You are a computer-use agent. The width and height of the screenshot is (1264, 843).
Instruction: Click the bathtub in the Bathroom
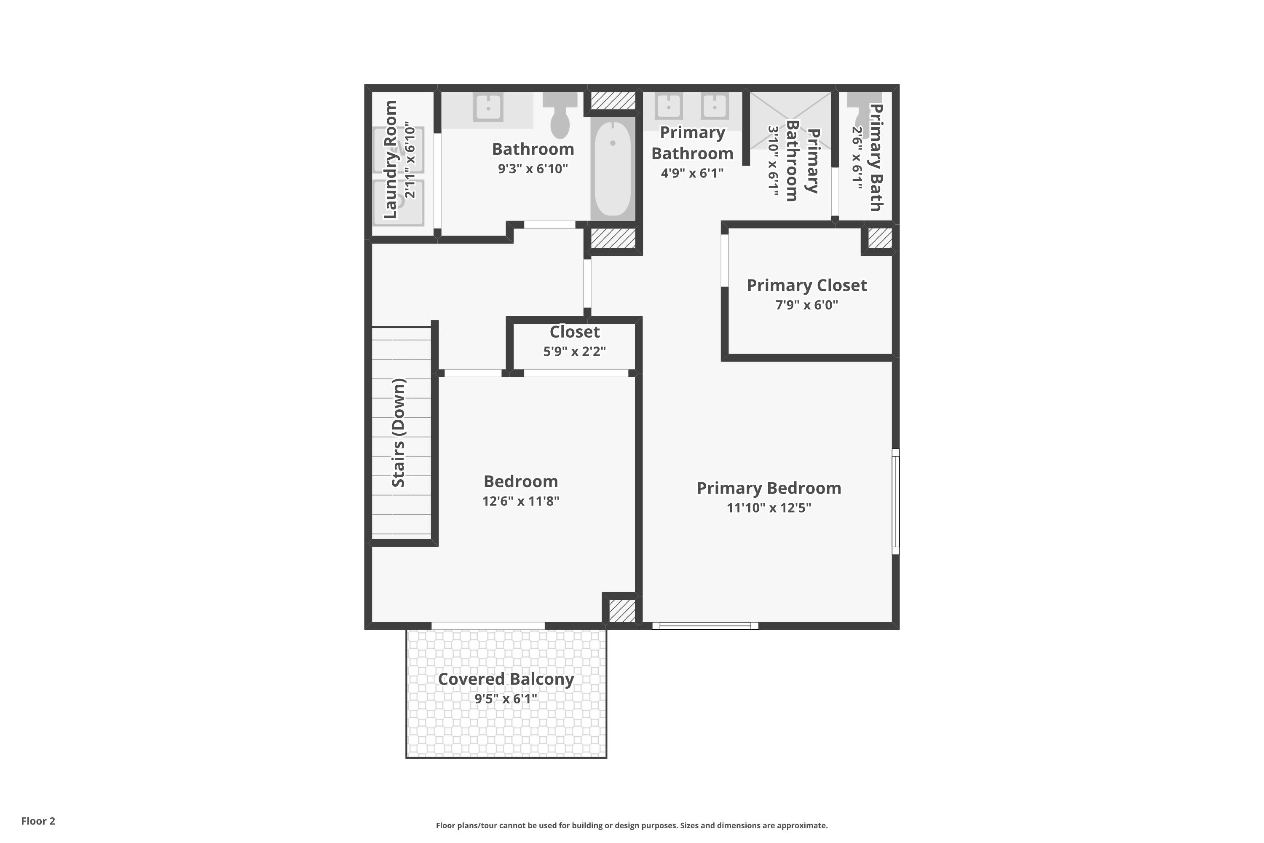[613, 168]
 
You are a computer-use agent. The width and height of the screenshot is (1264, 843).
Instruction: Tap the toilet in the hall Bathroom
[560, 115]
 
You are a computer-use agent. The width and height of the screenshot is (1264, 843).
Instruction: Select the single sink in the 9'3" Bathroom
[488, 107]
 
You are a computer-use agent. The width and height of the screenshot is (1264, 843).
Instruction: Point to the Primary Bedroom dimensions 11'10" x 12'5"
[769, 507]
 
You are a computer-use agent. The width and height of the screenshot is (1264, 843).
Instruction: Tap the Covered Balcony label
[506, 679]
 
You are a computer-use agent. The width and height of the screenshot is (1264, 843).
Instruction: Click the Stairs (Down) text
[398, 433]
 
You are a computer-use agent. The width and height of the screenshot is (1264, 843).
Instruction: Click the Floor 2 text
[38, 821]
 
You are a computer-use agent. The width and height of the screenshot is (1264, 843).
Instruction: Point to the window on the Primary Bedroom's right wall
[895, 501]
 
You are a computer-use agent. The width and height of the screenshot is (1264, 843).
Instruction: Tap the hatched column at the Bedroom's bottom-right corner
[622, 611]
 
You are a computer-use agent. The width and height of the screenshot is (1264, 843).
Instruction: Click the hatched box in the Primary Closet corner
[880, 238]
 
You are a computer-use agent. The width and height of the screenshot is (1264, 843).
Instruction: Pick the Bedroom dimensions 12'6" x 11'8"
[520, 501]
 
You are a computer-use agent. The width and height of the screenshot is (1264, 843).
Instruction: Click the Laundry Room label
[391, 160]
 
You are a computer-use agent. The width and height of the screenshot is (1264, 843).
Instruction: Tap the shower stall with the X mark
[790, 121]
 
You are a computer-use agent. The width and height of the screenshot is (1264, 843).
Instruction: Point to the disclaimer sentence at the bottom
[632, 825]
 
